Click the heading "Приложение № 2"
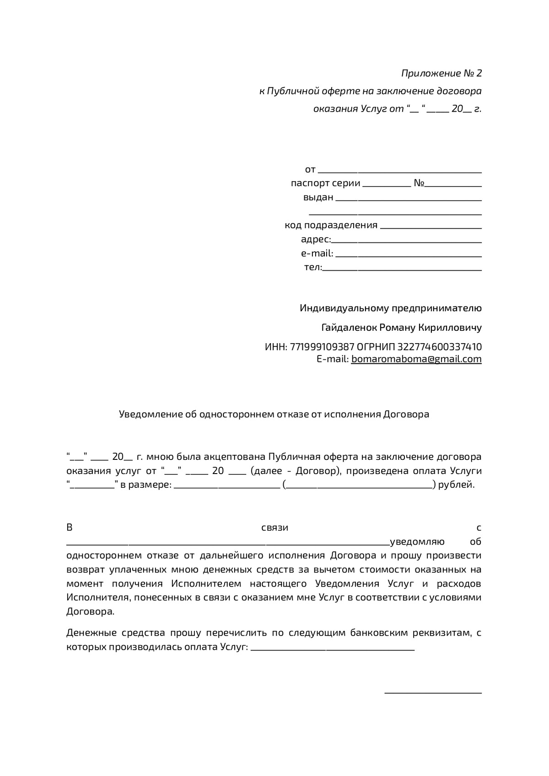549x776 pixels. [441, 73]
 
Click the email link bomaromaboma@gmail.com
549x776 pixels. [416, 359]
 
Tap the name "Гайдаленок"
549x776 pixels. [350, 328]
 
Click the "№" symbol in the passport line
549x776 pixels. [419, 183]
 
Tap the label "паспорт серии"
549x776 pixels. [325, 183]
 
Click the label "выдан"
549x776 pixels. [318, 198]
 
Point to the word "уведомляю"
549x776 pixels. [417, 542]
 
